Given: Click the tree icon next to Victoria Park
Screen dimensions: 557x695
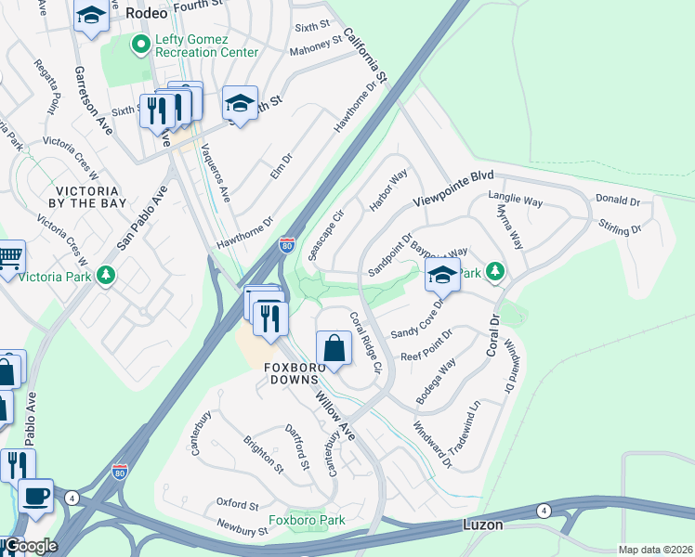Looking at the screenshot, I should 107,275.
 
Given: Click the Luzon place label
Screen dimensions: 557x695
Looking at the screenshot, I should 483,525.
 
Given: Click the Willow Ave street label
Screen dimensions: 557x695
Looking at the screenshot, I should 334,414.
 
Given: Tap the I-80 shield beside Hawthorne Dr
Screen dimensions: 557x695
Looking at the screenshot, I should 288,245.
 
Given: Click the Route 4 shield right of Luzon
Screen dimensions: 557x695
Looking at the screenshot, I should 544,510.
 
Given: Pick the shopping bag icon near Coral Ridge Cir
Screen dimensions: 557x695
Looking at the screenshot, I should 334,348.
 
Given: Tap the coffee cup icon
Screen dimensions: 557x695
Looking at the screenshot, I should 35,496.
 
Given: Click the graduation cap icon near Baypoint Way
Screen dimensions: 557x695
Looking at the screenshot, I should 442,273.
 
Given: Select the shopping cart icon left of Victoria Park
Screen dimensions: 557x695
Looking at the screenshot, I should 8,256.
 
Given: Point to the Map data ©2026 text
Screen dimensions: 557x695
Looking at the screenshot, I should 654,550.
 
